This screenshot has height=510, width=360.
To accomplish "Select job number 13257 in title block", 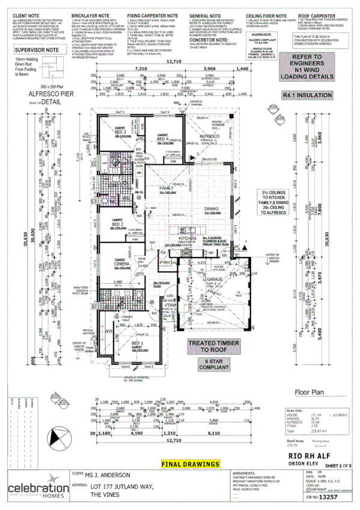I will click(329, 498).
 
